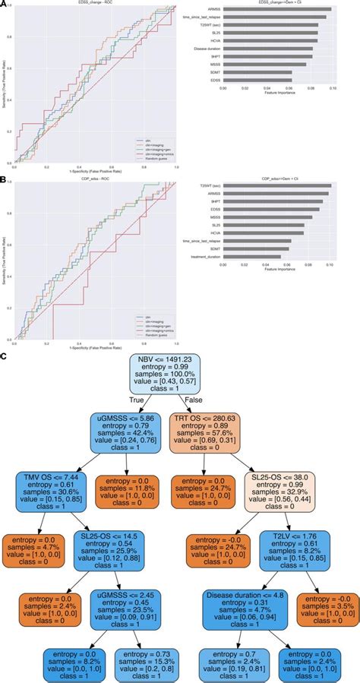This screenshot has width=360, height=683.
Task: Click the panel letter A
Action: [x=5, y=5]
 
